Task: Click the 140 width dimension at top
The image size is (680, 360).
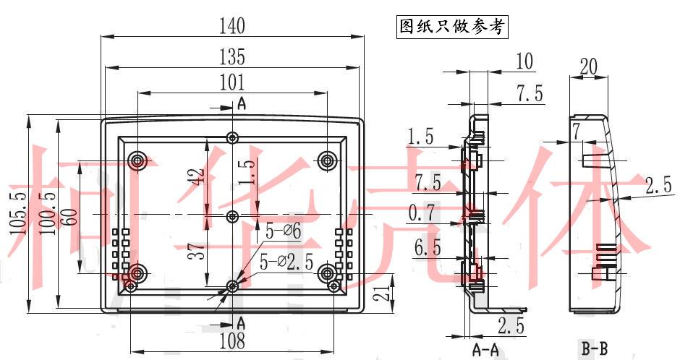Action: pos(231,27)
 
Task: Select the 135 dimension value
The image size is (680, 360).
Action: pos(231,56)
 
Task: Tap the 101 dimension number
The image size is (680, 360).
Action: pos(231,82)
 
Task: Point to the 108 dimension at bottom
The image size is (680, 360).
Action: pos(231,340)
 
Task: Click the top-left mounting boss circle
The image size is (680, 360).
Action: pos(137,160)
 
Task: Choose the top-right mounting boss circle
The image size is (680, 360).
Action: pos(328,160)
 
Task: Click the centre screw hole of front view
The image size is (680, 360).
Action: pos(232,216)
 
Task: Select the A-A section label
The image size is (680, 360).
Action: pos(485,351)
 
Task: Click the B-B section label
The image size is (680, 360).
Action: pos(595,351)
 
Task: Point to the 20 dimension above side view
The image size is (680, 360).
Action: pos(588,66)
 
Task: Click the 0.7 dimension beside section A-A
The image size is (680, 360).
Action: pos(422,213)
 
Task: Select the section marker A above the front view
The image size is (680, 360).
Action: pos(241,104)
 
